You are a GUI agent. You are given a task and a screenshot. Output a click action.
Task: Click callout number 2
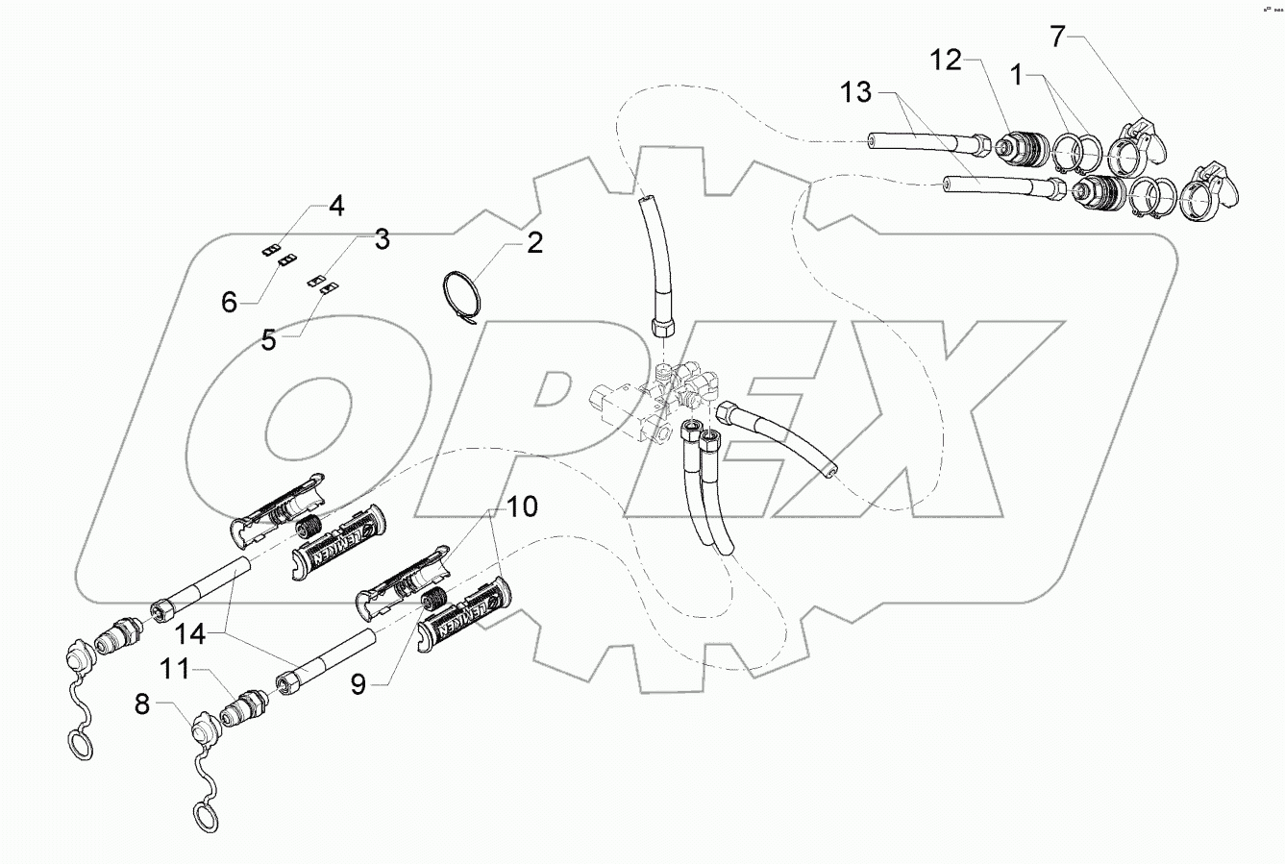point(533,242)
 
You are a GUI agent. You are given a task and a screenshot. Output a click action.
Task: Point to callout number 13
point(854,93)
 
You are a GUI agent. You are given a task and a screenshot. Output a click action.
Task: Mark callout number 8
point(143,704)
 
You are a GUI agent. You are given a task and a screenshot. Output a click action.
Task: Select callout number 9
point(358,684)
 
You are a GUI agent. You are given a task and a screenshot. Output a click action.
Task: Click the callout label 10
point(524,506)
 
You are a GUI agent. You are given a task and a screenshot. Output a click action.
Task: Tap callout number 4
point(335,205)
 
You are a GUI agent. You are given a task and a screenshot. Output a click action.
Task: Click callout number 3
point(382,239)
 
